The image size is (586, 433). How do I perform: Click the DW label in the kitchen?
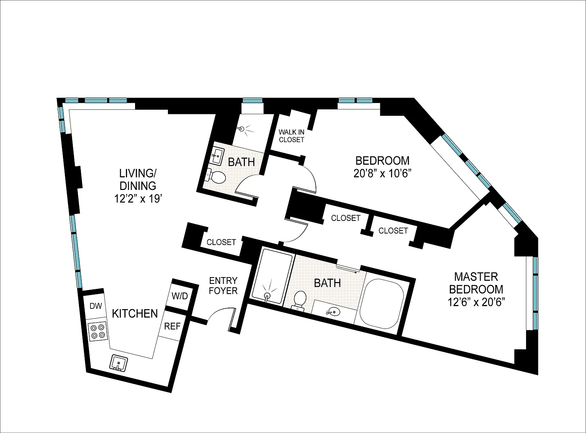click(x=95, y=306)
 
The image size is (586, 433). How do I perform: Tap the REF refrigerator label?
click(x=172, y=326)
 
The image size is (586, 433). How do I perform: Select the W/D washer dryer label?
click(x=180, y=296)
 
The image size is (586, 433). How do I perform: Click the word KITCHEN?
click(x=135, y=313)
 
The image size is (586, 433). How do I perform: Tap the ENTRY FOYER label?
click(x=223, y=286)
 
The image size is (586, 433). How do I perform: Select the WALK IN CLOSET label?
click(x=291, y=136)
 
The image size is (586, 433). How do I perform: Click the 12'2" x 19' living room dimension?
click(x=138, y=199)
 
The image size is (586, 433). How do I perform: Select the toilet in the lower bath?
click(x=299, y=299)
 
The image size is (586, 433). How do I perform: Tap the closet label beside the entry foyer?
click(x=221, y=242)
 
